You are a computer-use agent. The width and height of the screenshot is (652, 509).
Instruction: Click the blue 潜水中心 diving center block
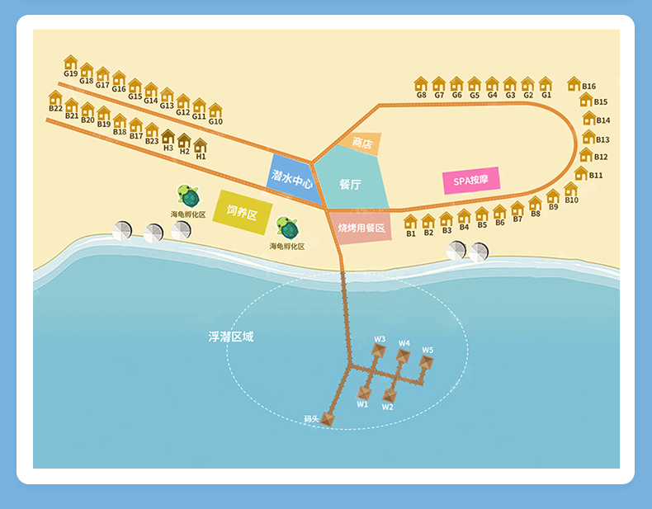pyautogui.click(x=291, y=176)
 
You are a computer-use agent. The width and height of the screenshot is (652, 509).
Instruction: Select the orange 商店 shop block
pyautogui.click(x=361, y=144)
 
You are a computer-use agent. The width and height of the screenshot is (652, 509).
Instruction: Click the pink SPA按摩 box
pyautogui.click(x=471, y=181)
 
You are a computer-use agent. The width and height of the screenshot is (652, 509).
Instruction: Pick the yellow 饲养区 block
pyautogui.click(x=241, y=212)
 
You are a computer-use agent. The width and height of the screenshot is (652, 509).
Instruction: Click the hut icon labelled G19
pyautogui.click(x=70, y=63)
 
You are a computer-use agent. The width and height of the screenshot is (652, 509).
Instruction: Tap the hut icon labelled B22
pyautogui.click(x=55, y=97)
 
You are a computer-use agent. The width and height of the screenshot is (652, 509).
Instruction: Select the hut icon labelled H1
pyautogui.click(x=200, y=145)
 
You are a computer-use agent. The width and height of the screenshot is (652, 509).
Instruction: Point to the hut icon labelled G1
pyautogui.click(x=546, y=83)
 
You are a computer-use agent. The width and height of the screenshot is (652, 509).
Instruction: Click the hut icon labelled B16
pyautogui.click(x=574, y=83)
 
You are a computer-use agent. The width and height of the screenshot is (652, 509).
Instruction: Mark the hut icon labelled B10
pyautogui.click(x=570, y=189)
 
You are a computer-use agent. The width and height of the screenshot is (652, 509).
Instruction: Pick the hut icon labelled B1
pyautogui.click(x=410, y=221)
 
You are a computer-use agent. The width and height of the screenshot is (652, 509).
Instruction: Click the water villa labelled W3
pyautogui.click(x=378, y=351)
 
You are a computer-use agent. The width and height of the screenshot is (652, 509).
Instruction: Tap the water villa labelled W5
pyautogui.click(x=426, y=361)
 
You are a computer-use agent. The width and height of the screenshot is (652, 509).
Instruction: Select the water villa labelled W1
pyautogui.click(x=364, y=392)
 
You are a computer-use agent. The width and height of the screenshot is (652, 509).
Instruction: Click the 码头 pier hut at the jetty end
pyautogui.click(x=328, y=419)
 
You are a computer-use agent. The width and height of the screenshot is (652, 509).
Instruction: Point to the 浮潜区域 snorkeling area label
pyautogui.click(x=230, y=337)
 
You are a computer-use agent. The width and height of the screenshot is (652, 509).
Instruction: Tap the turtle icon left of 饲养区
pyautogui.click(x=189, y=196)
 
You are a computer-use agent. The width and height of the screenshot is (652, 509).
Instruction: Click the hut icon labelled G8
pyautogui.click(x=421, y=83)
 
